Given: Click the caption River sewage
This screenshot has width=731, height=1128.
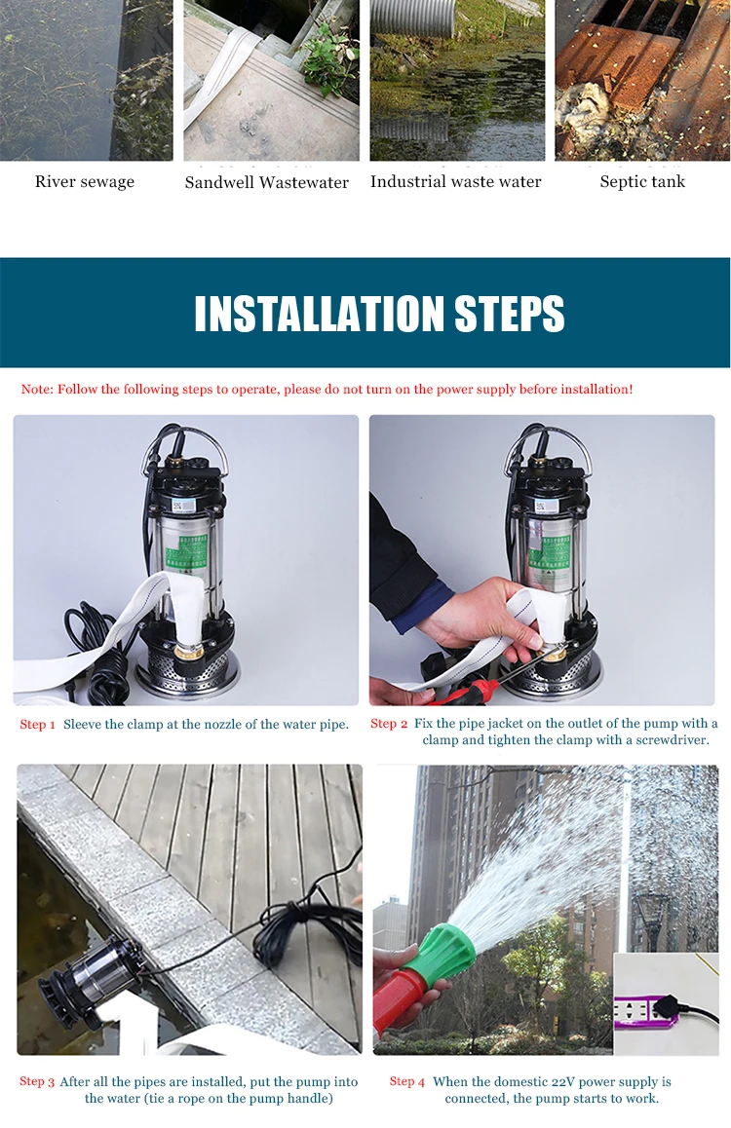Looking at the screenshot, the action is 85,182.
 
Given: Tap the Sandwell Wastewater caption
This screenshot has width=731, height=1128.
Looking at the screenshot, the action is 266,183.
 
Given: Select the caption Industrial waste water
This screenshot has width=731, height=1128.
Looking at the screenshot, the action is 455,182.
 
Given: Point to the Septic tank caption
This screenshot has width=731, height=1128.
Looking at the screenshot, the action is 642,182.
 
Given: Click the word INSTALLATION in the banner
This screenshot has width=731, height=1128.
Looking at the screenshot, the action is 319,314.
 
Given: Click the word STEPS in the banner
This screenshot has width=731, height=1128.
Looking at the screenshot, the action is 510,314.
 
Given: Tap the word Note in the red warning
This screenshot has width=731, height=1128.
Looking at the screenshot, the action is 37,390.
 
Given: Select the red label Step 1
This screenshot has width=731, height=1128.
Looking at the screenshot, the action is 37,725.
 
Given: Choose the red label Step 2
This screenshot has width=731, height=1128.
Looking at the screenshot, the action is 389,724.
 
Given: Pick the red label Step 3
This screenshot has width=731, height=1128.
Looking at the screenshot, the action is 37,1082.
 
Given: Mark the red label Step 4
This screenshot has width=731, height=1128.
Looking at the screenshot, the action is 407,1082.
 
